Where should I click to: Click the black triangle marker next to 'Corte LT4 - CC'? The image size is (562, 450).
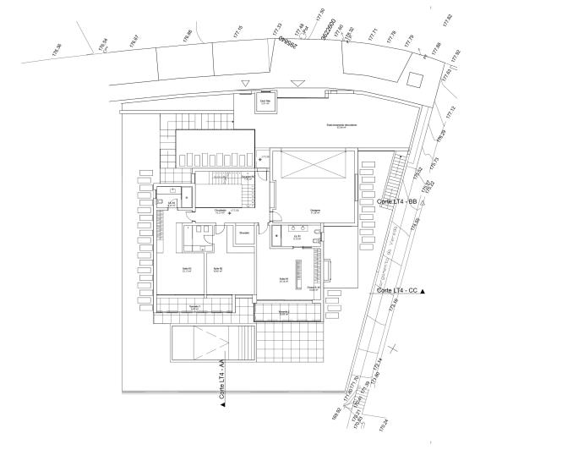coord(423,291)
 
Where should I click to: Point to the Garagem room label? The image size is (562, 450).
coord(314,211)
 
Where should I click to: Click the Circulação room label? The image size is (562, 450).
coord(221,211)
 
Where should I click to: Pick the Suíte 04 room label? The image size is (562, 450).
coord(285,280)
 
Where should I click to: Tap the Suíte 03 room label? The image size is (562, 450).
coord(187,271)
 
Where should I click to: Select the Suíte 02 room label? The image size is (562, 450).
coord(217,271)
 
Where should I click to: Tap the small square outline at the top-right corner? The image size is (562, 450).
coord(413,79)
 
